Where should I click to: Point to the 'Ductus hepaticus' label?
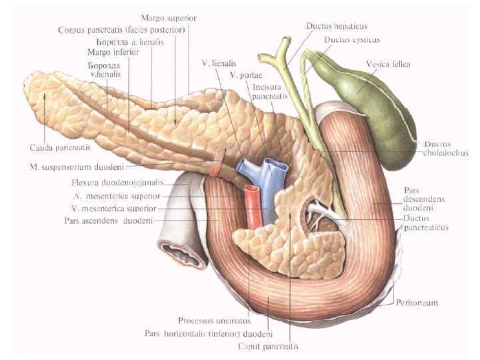coord(337,27)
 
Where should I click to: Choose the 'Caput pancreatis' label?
coord(267,347)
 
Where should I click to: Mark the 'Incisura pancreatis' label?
coord(270,91)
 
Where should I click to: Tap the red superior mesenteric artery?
coord(253,207)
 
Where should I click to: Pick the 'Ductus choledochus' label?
coord(445,148)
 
